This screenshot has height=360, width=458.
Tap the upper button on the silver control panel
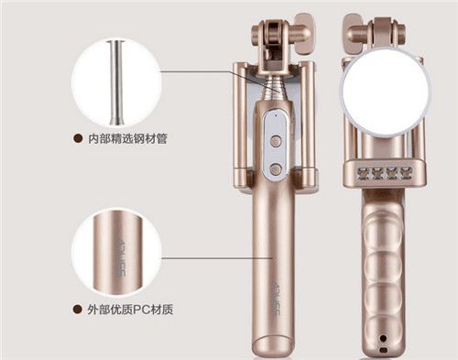276,141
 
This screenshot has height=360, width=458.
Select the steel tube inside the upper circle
116,82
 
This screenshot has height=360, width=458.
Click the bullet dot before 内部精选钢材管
78,138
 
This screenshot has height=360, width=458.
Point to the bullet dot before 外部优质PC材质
78,310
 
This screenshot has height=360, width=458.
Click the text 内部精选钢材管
127,139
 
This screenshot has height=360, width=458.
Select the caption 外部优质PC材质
130,310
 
